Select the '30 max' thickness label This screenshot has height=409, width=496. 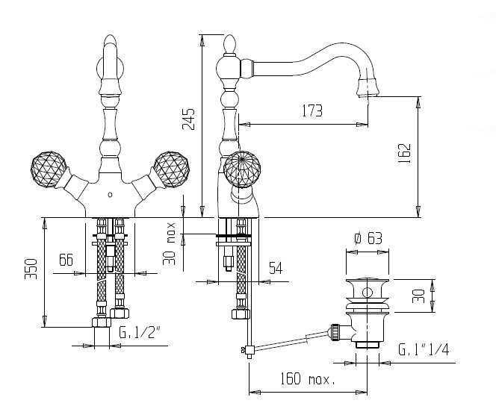[x=170, y=243]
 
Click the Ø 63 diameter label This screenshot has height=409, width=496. [x=368, y=239]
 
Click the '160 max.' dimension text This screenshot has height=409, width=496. [x=308, y=378]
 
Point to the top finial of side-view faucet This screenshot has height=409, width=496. [x=230, y=46]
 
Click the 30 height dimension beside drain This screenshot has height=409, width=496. [x=420, y=295]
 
